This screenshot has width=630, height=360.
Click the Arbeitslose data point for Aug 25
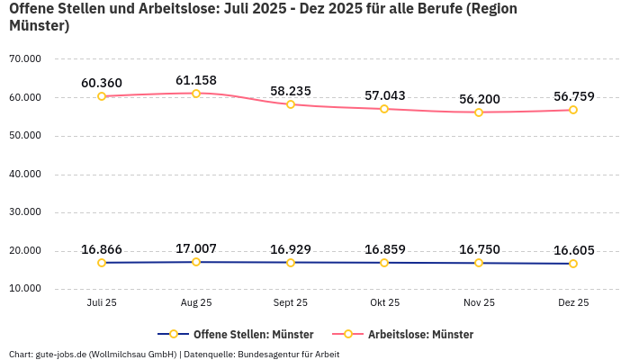tap(196, 94)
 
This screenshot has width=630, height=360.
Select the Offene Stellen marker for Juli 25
tap(102, 263)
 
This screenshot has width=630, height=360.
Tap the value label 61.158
tap(196, 80)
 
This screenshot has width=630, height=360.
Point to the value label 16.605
tap(573, 250)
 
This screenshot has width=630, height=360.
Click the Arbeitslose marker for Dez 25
tap(573, 110)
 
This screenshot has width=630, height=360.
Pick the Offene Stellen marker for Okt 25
tap(384, 263)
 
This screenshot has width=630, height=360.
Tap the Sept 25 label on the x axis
tap(290, 303)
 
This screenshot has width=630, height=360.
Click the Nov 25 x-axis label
tap(479, 303)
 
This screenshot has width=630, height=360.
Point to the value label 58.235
tap(291, 91)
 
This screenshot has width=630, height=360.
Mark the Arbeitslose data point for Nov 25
tap(479, 112)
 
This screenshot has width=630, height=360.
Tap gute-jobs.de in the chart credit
tap(59, 354)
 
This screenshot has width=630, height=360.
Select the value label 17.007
tap(196, 248)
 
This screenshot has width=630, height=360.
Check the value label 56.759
tap(573, 96)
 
